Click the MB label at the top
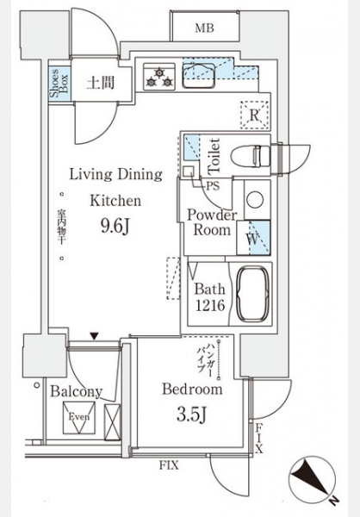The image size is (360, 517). [204, 28]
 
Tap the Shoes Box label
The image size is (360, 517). [59, 84]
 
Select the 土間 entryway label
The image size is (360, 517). [100, 83]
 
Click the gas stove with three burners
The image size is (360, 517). [159, 76]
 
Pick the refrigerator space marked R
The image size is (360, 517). [254, 115]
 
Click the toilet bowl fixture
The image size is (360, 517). [251, 156]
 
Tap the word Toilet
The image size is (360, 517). [214, 156]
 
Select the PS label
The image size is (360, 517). [213, 186]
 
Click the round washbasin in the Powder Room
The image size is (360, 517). [255, 200]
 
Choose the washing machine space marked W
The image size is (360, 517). [253, 238]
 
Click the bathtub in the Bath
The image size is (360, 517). [253, 294]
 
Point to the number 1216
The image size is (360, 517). [210, 306]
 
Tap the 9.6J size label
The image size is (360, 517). [115, 226]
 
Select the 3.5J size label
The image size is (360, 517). [191, 414]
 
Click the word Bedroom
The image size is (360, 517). [192, 389]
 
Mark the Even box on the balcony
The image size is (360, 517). [79, 417]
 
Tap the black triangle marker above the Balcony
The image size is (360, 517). [95, 336]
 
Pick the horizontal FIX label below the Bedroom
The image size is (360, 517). [169, 465]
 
